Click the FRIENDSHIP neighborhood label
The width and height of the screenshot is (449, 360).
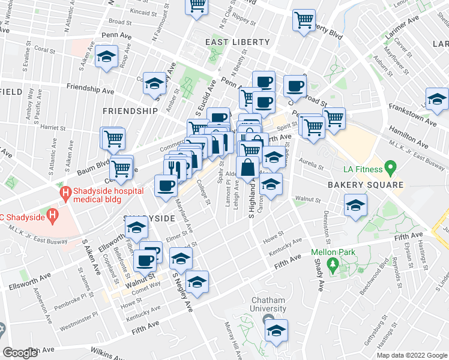[x=130, y=111]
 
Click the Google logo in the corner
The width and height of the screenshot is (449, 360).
[x=20, y=353]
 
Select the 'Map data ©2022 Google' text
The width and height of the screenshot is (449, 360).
[x=412, y=355]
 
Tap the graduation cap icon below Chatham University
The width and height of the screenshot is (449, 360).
[x=276, y=330]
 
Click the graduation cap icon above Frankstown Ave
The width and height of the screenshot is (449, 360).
[x=437, y=98]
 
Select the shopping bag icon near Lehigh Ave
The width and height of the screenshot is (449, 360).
[x=247, y=168]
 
